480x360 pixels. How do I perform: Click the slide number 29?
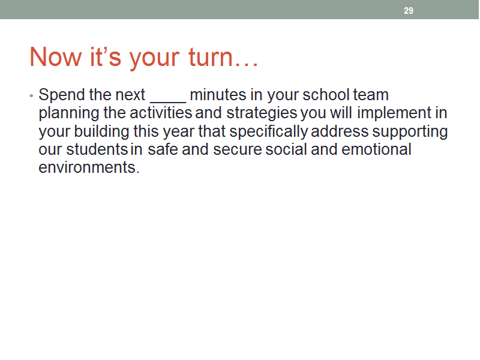pos(409,11)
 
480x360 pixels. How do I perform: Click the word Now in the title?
pos(56,57)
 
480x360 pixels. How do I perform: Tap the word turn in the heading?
pos(211,57)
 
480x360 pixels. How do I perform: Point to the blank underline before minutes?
pos(168,101)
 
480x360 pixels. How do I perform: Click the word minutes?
pos(218,95)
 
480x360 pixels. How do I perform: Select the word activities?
pos(161,113)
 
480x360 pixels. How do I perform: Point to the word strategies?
pos(262,113)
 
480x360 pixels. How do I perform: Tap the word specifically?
pos(268,132)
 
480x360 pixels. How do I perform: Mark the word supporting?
pos(410,132)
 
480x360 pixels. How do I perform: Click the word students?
pos(97,149)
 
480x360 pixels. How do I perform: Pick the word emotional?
pos(376,149)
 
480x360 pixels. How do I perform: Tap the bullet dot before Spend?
pos(31,96)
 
